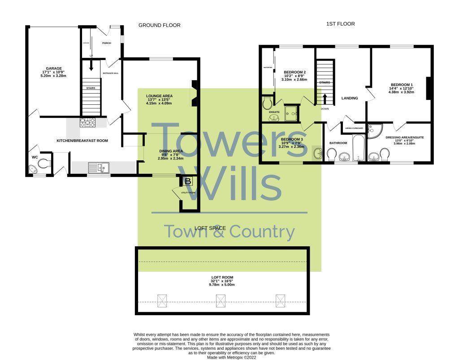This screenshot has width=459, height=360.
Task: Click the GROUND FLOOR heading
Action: [x=159, y=25]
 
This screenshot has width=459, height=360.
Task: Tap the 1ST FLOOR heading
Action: [x=340, y=24]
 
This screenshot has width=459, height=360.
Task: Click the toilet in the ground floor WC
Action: [x=44, y=164]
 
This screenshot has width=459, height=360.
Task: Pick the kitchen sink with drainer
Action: [x=98, y=167]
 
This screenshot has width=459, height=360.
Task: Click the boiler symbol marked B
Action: [x=188, y=181]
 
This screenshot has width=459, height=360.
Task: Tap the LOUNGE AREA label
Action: [x=159, y=96]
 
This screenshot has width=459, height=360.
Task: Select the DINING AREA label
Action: [x=171, y=151]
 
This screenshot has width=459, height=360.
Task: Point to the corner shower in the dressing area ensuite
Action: [x=374, y=131]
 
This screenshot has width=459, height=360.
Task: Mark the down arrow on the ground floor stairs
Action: [x=91, y=65]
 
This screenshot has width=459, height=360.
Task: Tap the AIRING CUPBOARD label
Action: [x=354, y=129]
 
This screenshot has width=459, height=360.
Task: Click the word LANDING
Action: [x=350, y=98]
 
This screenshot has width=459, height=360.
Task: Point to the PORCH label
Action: [x=107, y=43]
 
